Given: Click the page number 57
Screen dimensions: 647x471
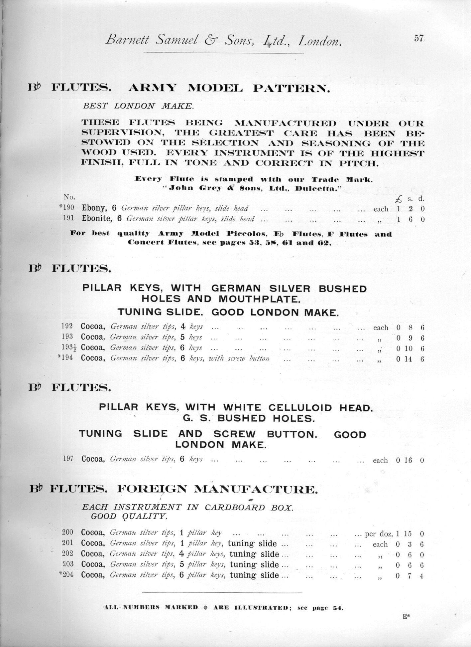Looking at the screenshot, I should (x=418, y=39).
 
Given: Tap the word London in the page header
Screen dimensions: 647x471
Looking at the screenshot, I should (x=320, y=41).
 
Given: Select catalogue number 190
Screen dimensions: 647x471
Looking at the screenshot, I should (x=68, y=209).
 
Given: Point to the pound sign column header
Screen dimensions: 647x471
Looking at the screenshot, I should (x=399, y=199).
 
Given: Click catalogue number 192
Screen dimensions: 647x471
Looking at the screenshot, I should (x=68, y=327).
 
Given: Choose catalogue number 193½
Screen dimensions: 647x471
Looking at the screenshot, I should (x=69, y=348).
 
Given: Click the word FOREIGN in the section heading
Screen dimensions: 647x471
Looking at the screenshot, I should (x=153, y=489).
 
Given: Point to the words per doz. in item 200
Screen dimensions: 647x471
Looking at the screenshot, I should (x=379, y=534).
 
